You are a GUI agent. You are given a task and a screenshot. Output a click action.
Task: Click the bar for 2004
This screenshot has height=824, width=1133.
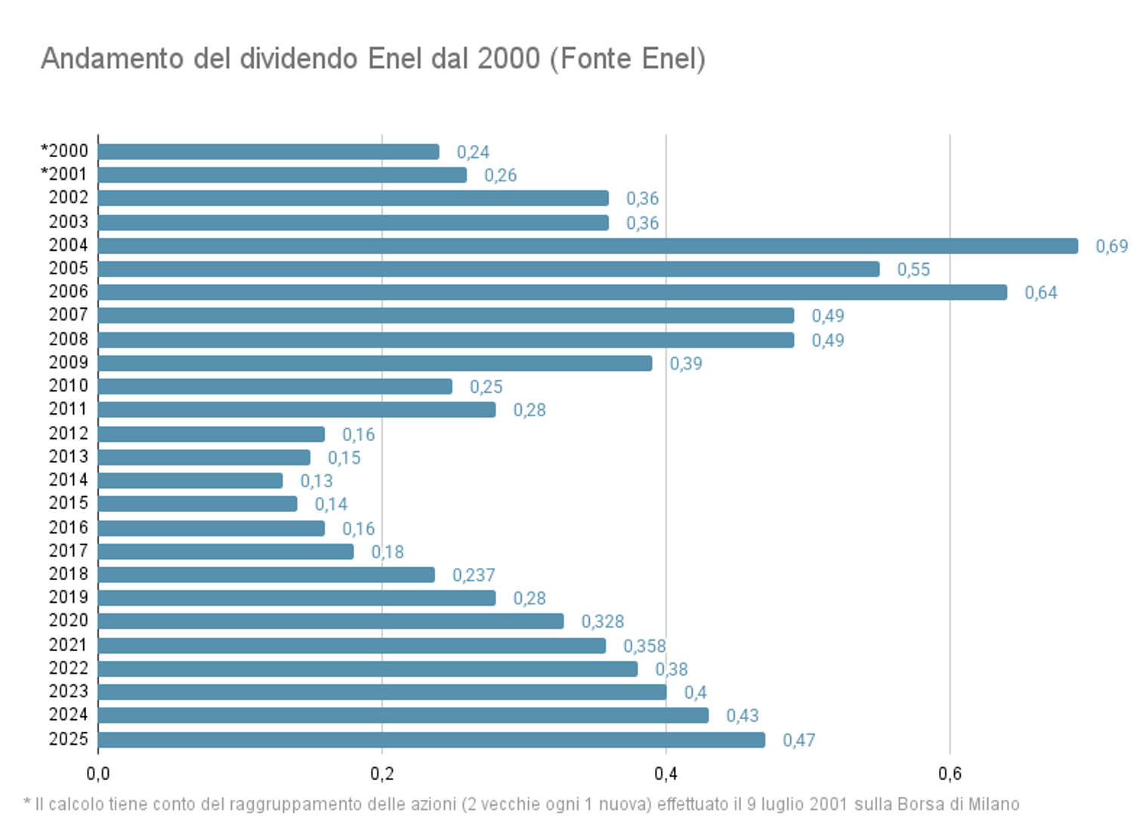tap(588, 245)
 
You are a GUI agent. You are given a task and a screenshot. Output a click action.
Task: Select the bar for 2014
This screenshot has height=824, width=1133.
tap(190, 480)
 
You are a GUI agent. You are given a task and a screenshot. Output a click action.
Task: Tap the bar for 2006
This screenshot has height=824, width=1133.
tap(552, 292)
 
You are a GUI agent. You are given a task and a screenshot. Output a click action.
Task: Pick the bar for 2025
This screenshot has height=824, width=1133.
tap(431, 739)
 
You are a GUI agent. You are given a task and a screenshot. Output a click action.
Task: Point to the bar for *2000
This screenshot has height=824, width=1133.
tap(268, 152)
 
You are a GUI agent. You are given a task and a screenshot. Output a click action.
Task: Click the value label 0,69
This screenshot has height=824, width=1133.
tap(1111, 246)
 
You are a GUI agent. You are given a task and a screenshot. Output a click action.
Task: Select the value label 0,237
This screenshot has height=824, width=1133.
tap(474, 576)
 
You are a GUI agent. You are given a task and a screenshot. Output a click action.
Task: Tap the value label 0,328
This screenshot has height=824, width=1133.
tap(602, 622)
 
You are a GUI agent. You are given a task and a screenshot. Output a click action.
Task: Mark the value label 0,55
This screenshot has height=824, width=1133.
tap(913, 270)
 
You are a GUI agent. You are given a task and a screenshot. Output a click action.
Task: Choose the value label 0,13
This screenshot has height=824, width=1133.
tap(316, 481)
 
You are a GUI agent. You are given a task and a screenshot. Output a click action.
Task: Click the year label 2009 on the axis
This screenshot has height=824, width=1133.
tap(68, 363)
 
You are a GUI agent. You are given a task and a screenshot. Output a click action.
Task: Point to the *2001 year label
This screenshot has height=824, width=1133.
tap(64, 174)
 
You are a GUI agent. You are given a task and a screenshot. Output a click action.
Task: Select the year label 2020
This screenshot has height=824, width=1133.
tap(68, 620)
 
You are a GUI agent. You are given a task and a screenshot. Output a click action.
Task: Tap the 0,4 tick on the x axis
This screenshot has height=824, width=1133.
tap(665, 773)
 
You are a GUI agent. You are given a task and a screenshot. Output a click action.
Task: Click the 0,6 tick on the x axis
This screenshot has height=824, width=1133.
tap(949, 773)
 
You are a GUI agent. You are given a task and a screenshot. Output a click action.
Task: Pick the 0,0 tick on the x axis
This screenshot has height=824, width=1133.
tap(98, 773)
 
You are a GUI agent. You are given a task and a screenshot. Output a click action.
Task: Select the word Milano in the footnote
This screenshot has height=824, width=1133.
tap(993, 804)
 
